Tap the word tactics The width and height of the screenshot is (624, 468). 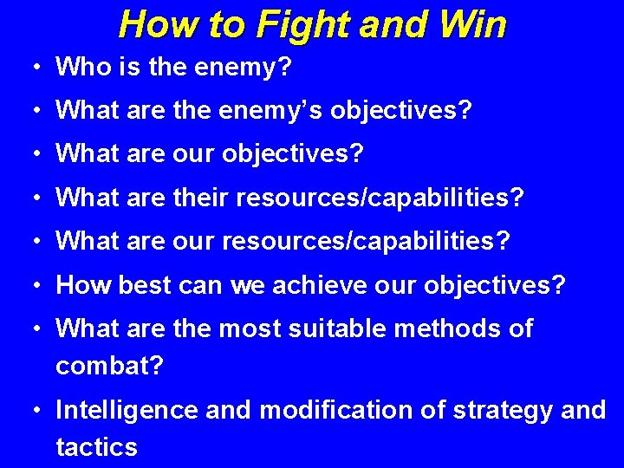pos(96,447)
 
